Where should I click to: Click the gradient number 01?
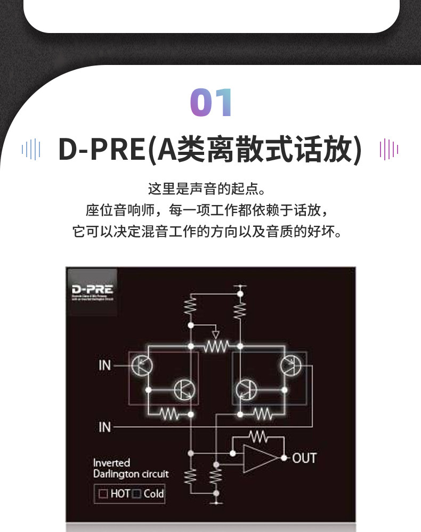pos(212,103)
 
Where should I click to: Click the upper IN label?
pos(105,365)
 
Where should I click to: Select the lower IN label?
pos(105,427)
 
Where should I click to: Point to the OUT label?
pos(304,458)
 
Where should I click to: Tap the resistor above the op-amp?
pos(258,437)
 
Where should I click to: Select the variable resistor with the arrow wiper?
pos(215,345)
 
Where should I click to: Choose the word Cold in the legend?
pos(153,494)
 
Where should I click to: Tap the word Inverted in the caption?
pos(111,463)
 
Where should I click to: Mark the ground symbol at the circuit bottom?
pos(216,501)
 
